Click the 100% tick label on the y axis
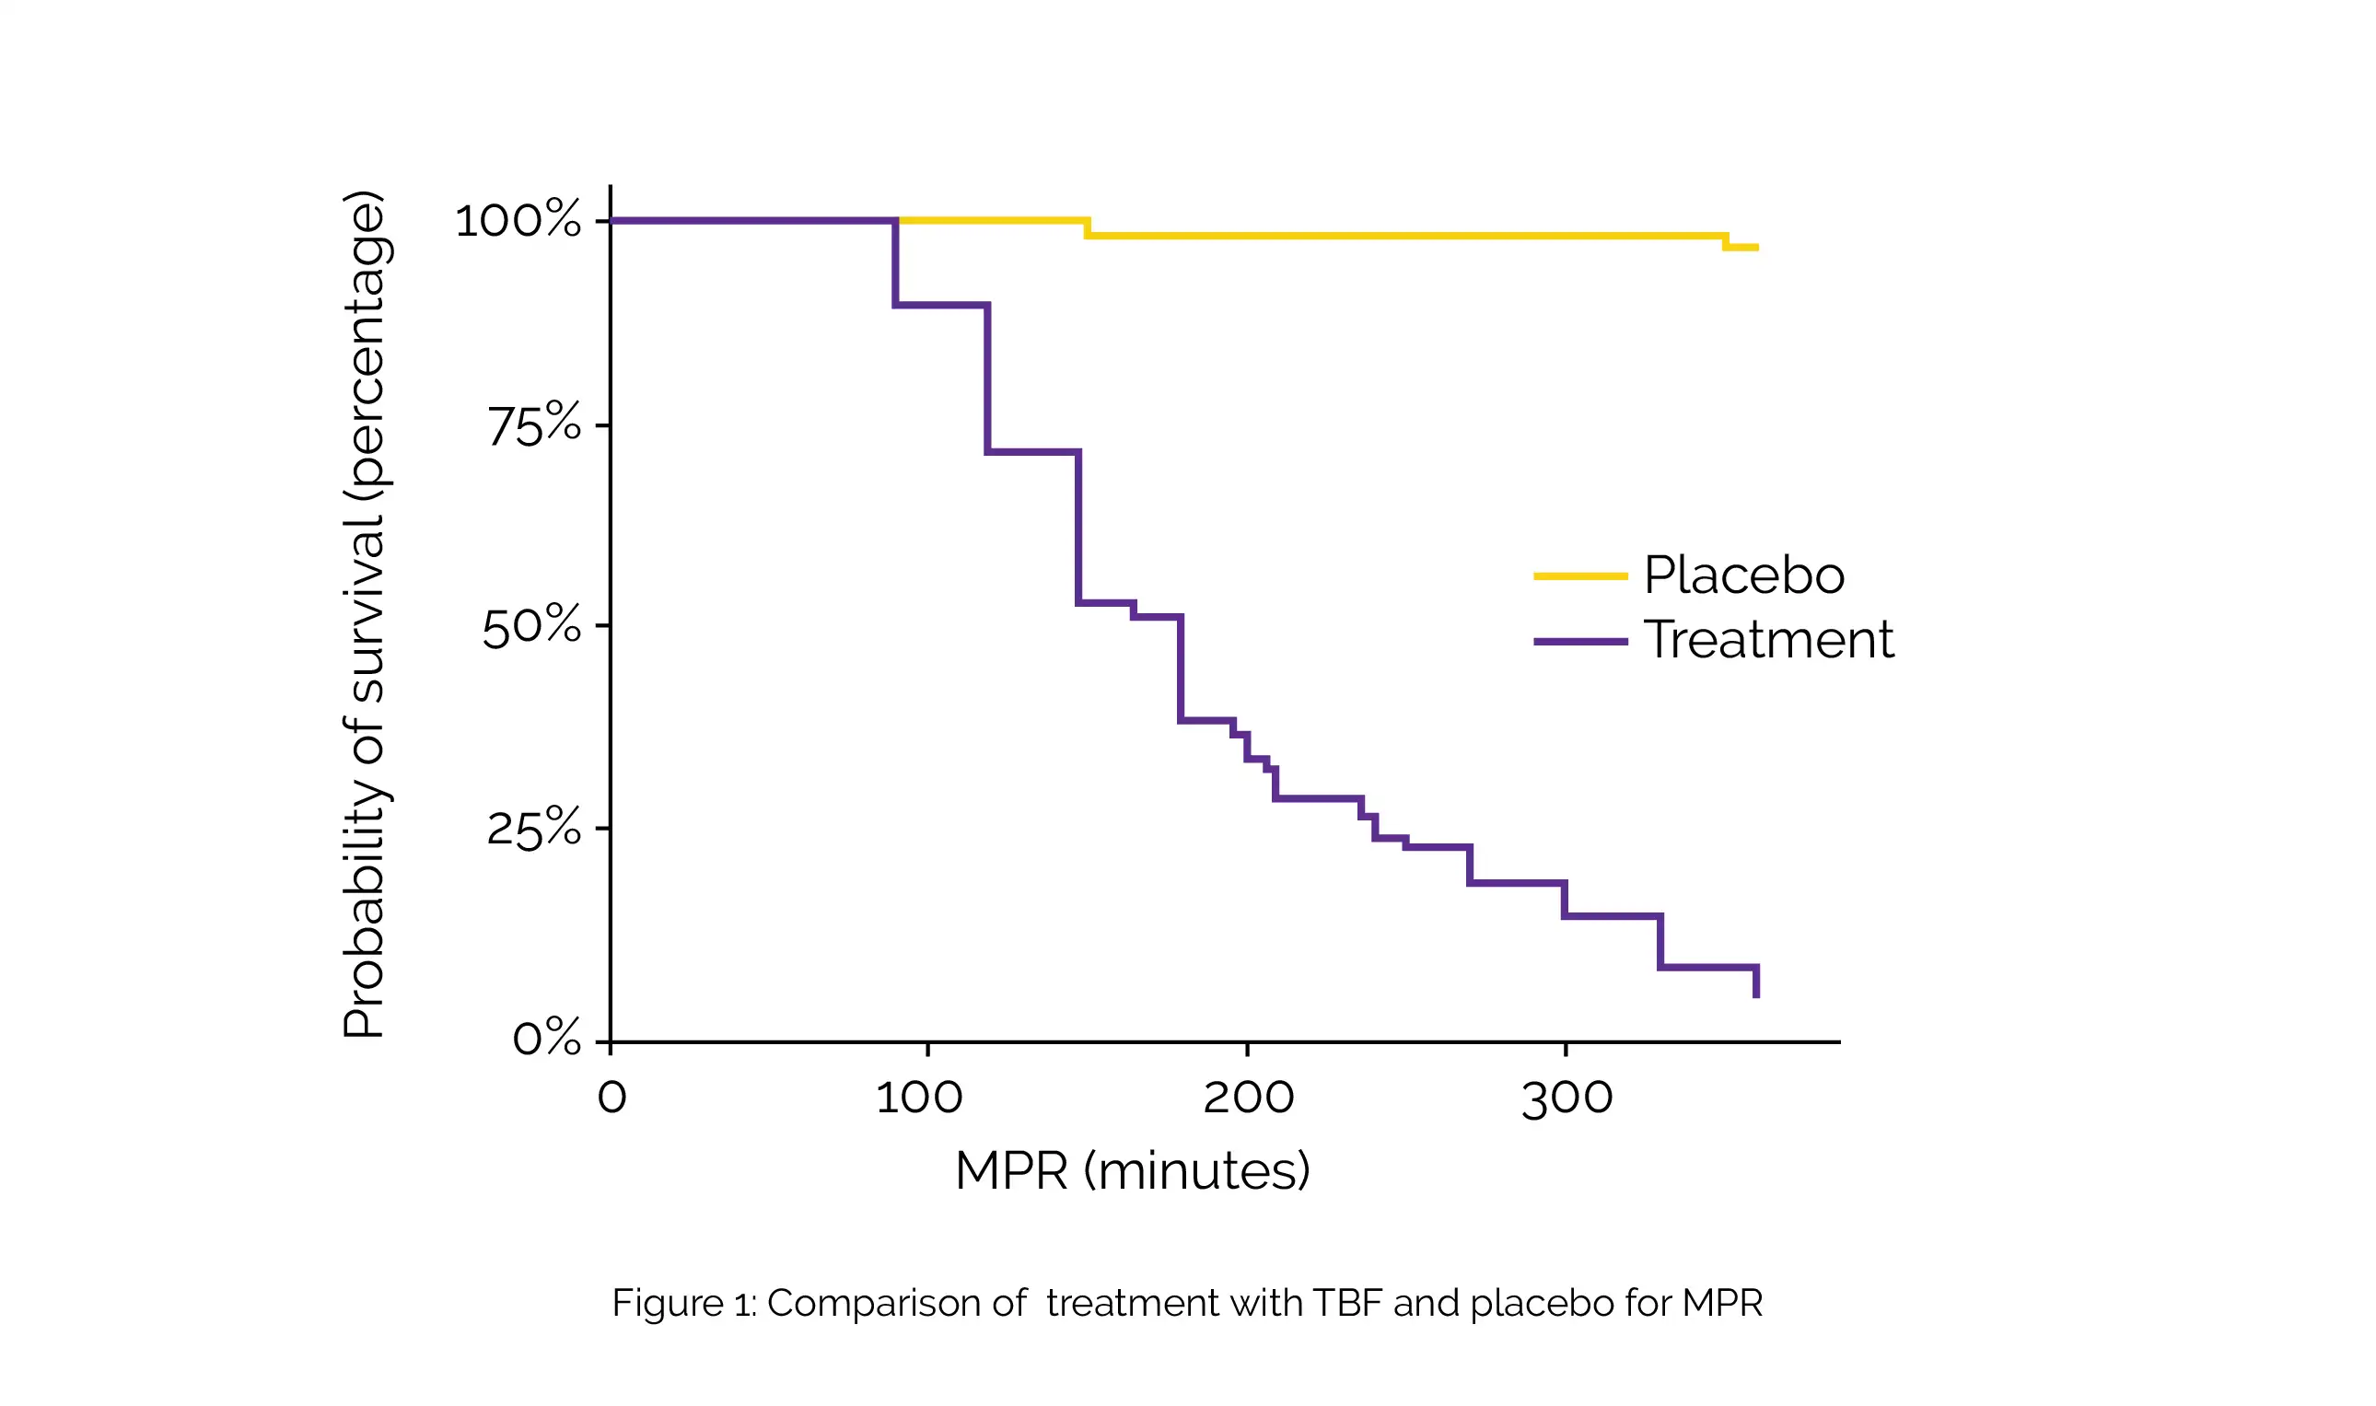[x=518, y=221]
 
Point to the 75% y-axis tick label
[x=534, y=425]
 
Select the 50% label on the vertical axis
[x=531, y=626]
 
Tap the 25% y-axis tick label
[x=533, y=829]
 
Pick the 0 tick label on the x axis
[x=612, y=1098]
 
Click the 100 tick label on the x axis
[x=919, y=1098]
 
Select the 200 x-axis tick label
[x=1249, y=1098]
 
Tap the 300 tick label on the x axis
[x=1567, y=1098]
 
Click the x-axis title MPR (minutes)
[x=1132, y=1171]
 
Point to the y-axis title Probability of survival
[x=364, y=616]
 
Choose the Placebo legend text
[x=1744, y=575]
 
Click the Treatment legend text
[x=1769, y=640]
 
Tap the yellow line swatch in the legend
[x=1580, y=576]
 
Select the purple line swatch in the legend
[x=1580, y=642]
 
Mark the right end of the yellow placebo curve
[x=1757, y=249]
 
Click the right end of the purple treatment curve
[x=1756, y=994]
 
